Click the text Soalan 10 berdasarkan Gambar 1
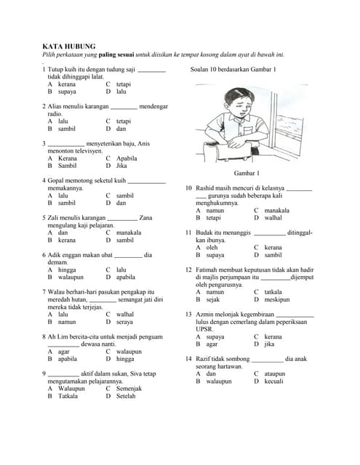point(233,70)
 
